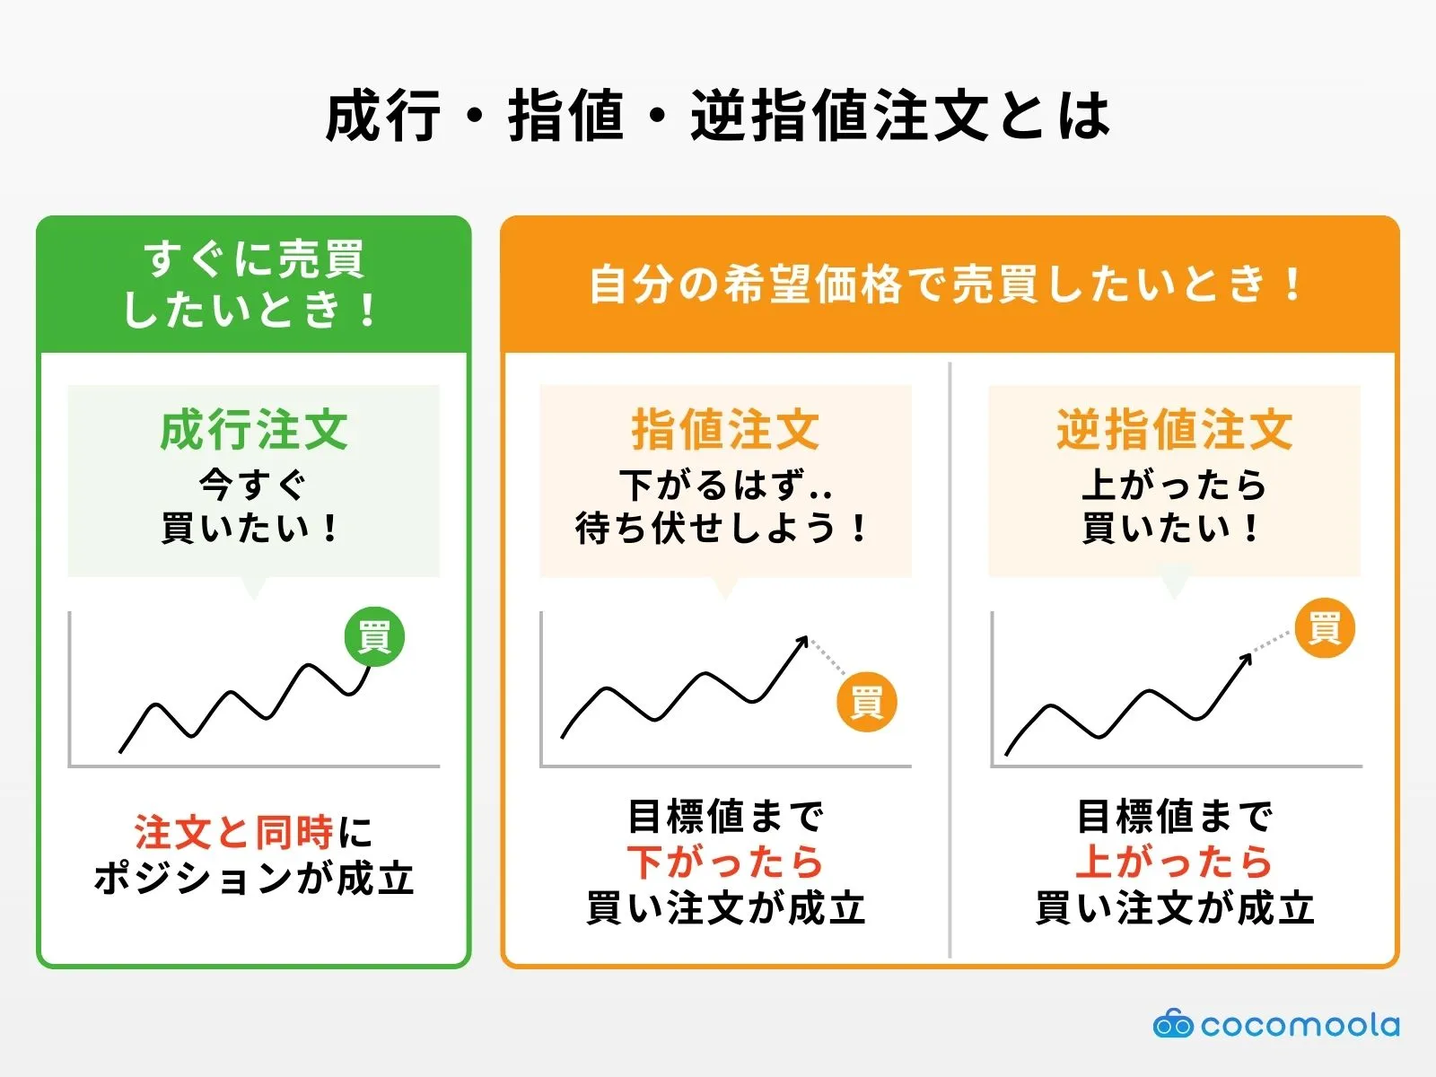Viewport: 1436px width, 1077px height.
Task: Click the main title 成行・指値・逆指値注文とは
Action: pos(718,117)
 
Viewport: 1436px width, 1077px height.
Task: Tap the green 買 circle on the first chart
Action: pos(374,636)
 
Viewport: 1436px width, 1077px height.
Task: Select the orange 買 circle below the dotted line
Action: pos(866,702)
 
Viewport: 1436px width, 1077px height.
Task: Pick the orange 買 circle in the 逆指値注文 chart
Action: pos(1325,627)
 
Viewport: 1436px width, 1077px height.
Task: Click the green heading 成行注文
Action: pos(254,430)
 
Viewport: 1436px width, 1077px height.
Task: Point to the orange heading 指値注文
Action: pos(725,430)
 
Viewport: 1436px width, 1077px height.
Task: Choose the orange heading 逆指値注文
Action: pos(1174,430)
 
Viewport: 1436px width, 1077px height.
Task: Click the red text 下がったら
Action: pos(725,862)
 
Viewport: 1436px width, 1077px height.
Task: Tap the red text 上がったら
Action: pos(1174,862)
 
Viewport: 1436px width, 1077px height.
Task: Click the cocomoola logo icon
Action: pos(1172,1024)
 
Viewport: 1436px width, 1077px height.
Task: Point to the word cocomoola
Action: pos(1300,1025)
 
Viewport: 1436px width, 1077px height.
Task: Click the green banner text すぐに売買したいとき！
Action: pos(254,284)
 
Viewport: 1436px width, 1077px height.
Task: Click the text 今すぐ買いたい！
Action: pos(252,506)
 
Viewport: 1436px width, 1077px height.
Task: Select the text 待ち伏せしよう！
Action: pos(723,528)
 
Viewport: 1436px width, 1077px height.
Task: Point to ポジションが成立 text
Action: pos(254,878)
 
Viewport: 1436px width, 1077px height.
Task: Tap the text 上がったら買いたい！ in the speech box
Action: pos(1174,506)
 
